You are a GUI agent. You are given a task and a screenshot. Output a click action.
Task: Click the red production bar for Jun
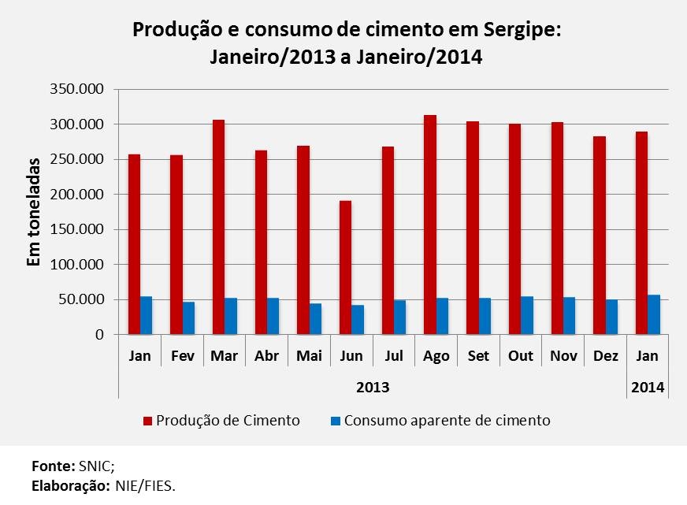[345, 267]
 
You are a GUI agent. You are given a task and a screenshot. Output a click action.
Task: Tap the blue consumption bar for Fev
[188, 317]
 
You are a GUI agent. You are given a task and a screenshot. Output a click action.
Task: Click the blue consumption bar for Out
[527, 315]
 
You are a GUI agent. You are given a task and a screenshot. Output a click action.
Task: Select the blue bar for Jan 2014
[654, 314]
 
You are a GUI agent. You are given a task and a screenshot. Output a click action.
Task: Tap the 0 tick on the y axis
[100, 335]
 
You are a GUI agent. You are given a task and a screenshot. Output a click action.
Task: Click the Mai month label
[309, 356]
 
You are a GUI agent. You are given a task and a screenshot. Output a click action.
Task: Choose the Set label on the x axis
[478, 356]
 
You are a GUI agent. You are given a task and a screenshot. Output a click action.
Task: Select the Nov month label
[563, 356]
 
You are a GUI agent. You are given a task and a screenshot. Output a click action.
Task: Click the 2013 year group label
[373, 388]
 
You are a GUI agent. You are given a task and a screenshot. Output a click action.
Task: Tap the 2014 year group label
[647, 388]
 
